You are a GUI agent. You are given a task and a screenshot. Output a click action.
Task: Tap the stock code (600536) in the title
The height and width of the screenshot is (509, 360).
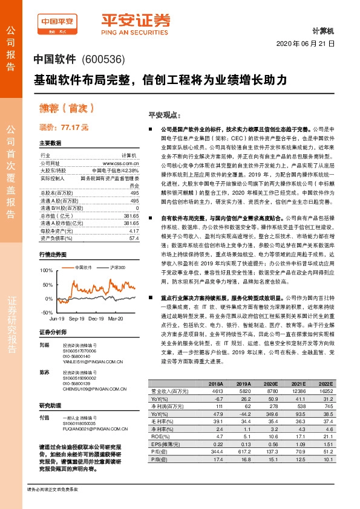103,60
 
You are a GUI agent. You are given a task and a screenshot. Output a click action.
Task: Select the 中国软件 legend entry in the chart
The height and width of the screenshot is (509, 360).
83,267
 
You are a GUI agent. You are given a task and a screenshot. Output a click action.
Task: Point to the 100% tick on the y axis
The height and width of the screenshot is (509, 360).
46,270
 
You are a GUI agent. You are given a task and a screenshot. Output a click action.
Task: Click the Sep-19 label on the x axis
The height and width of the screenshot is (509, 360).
76,317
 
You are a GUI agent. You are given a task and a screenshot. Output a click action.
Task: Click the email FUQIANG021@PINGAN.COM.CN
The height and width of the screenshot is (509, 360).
93,430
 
